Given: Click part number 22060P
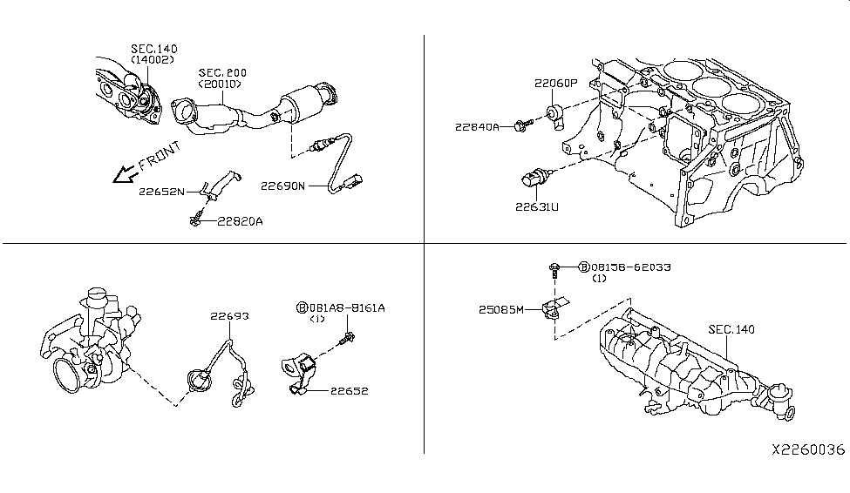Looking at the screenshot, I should [556, 84].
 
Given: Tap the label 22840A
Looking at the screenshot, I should [476, 127].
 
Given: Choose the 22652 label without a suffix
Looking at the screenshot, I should [349, 391].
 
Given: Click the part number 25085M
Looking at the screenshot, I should [501, 309].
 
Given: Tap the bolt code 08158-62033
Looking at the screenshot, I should [629, 267].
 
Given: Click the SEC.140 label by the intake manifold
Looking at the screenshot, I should [731, 329].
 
